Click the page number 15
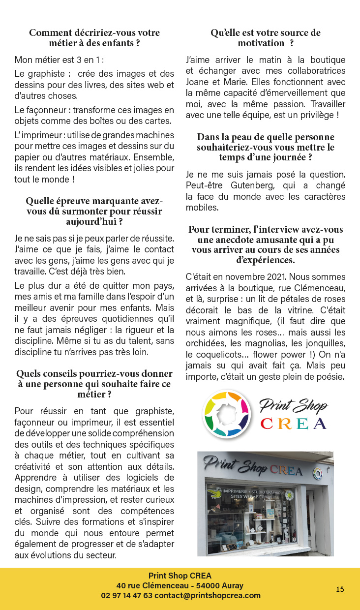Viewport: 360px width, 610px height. (340, 589)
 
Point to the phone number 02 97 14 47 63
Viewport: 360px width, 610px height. (126, 595)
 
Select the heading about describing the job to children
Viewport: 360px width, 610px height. (94, 38)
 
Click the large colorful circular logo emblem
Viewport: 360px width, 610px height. (227, 414)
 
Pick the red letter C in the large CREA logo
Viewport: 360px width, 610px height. (267, 424)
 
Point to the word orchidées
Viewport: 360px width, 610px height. (204, 344)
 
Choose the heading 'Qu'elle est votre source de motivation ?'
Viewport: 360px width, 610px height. (266, 38)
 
